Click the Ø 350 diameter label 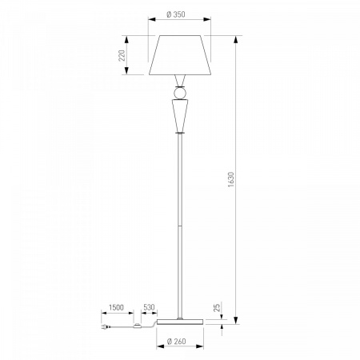176,14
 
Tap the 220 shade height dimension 122,55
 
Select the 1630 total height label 231,179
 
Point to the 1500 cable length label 116,307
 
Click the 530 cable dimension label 149,307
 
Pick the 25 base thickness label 218,307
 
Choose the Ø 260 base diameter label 176,341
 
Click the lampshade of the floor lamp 180,55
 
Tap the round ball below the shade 180,94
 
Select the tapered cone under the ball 180,116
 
